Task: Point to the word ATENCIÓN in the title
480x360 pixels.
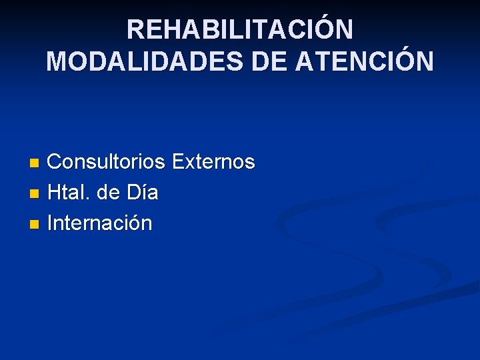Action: [365, 62]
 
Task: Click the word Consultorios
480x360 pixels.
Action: [107, 162]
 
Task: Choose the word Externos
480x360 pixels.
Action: [213, 162]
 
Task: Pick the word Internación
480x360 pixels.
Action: [100, 223]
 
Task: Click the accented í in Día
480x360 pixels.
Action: [144, 193]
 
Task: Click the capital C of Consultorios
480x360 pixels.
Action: [56, 162]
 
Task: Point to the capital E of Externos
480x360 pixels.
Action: [179, 162]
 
